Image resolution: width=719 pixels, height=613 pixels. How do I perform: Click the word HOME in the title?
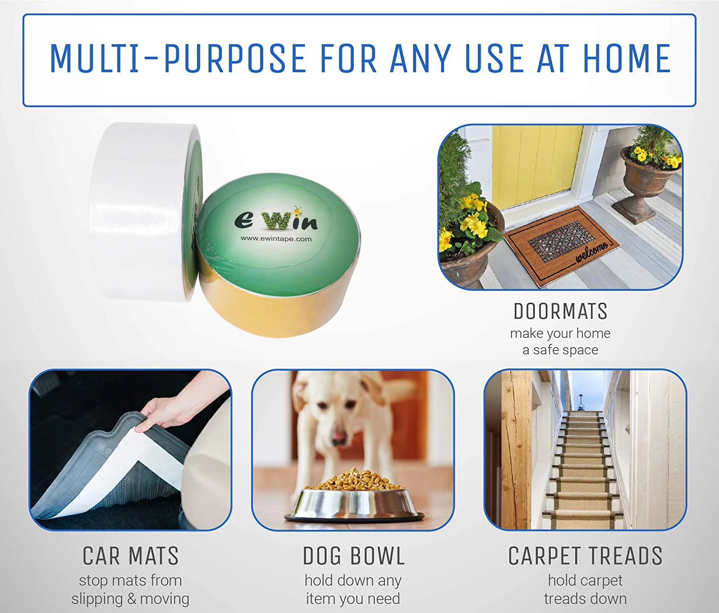point(626,58)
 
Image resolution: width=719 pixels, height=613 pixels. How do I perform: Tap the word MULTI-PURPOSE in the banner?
point(178,58)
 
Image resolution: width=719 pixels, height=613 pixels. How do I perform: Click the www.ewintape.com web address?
point(276,238)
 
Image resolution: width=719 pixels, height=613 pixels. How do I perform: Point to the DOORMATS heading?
point(560,311)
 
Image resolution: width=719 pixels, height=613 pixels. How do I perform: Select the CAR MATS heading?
point(130,556)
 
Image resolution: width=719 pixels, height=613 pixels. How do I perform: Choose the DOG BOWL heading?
point(354,556)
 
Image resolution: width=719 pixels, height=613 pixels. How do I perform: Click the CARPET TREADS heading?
point(585,556)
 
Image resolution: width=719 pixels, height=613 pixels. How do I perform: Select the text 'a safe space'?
point(560,350)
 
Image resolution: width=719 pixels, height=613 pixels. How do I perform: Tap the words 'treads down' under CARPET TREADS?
point(585,599)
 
